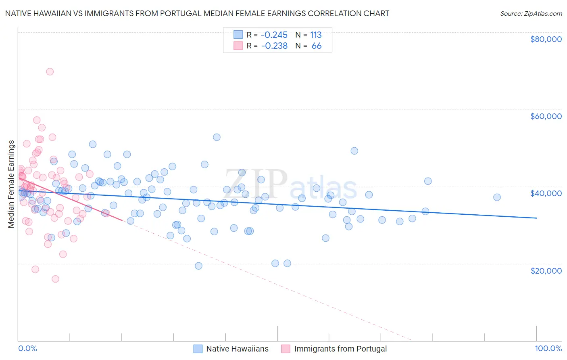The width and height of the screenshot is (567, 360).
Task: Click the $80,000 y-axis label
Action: coord(546,39)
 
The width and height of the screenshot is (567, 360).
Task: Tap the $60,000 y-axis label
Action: coord(546,116)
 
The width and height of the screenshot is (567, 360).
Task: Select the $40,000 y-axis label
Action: coord(546,193)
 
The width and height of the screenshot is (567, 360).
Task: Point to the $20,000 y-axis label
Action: coord(546,270)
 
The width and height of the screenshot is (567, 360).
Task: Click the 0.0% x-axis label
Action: coord(27,348)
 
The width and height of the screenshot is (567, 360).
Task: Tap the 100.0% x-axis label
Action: coord(548,348)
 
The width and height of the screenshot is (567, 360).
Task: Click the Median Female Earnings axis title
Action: coord(11,184)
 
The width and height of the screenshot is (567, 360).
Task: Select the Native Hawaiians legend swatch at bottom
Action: coord(198,349)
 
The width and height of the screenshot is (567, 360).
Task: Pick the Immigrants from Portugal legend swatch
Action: coord(286,349)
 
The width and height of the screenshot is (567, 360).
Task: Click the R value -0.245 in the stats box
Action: coord(274,35)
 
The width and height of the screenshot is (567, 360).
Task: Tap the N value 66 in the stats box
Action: coord(317,46)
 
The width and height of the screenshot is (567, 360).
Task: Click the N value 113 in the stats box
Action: coord(316,35)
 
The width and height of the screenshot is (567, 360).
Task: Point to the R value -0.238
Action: coord(274,46)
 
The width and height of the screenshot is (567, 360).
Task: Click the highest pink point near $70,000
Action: coord(50,71)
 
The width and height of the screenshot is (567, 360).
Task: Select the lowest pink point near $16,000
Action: coord(55,279)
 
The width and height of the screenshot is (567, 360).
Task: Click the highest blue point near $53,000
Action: coord(217,137)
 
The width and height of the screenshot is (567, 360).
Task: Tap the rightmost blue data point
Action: coord(497,197)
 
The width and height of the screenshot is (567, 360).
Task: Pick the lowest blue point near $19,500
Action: coord(198,266)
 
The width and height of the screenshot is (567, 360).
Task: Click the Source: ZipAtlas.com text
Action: coord(531,13)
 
